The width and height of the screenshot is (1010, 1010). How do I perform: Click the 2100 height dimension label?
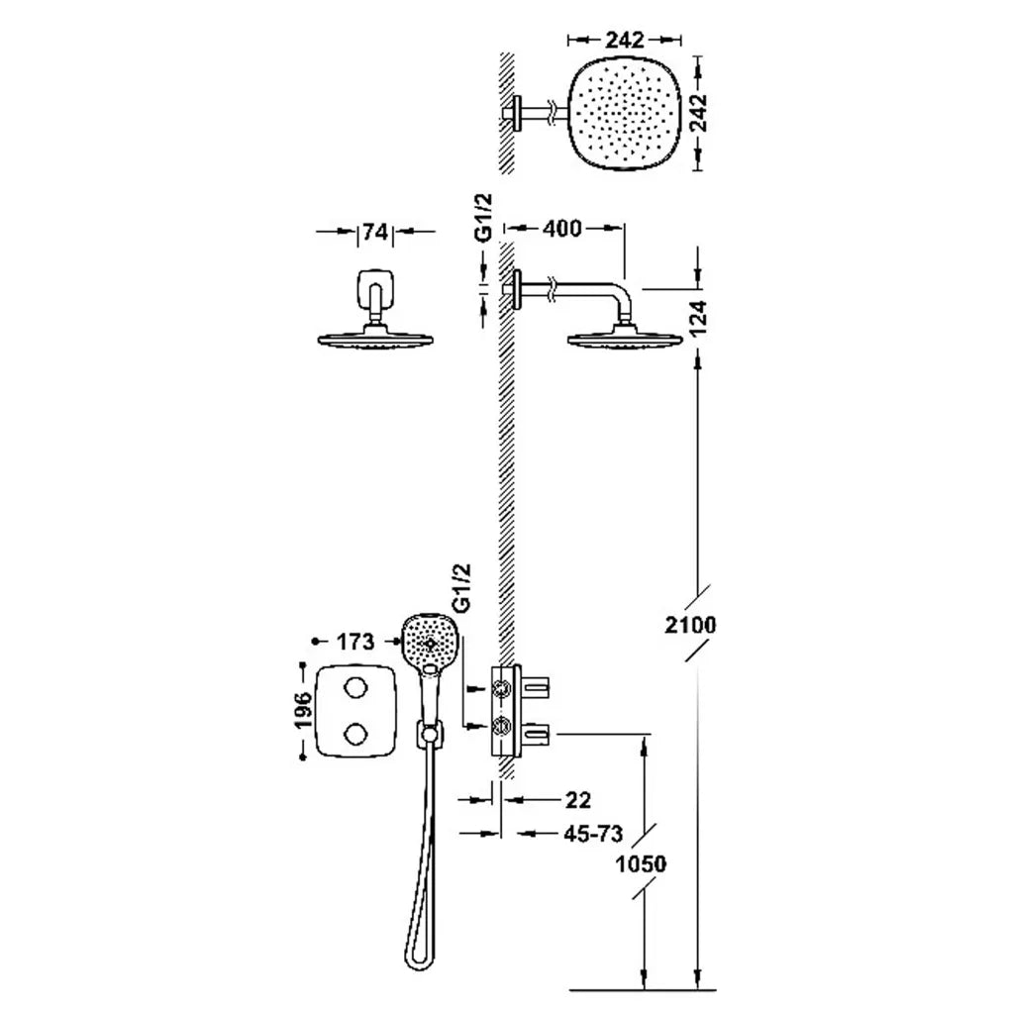pyautogui.click(x=690, y=625)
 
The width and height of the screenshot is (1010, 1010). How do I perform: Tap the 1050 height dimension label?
pyautogui.click(x=641, y=863)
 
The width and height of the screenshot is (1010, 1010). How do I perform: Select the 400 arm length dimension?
pyautogui.click(x=561, y=228)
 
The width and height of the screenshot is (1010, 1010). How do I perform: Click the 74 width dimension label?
pyautogui.click(x=375, y=232)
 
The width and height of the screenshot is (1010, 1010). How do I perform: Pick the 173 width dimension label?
pyautogui.click(x=354, y=642)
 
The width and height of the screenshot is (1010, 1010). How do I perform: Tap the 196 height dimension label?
pyautogui.click(x=303, y=710)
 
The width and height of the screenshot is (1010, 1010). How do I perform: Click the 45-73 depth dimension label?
pyautogui.click(x=593, y=834)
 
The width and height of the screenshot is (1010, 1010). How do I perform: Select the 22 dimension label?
pyautogui.click(x=578, y=800)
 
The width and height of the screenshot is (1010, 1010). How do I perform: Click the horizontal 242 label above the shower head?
pyautogui.click(x=624, y=40)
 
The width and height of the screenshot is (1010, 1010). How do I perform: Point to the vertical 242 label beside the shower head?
pyautogui.click(x=698, y=113)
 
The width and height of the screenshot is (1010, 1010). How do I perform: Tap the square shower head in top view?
pyautogui.click(x=624, y=113)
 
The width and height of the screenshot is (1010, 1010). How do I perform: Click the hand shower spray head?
pyautogui.click(x=430, y=643)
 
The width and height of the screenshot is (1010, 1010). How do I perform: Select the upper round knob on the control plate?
pyautogui.click(x=354, y=689)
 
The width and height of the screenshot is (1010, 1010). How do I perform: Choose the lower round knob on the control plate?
pyautogui.click(x=354, y=734)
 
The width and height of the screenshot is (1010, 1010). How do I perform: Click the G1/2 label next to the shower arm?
pyautogui.click(x=484, y=218)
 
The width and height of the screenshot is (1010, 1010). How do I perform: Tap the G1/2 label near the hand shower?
pyautogui.click(x=461, y=587)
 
